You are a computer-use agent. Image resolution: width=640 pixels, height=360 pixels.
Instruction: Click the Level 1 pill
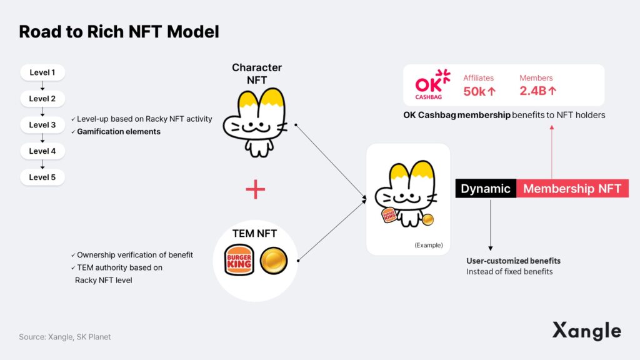tap(42, 72)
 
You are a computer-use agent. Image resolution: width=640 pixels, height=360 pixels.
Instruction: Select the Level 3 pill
tap(42, 125)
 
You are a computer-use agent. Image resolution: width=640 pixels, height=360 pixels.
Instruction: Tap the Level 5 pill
tap(42, 177)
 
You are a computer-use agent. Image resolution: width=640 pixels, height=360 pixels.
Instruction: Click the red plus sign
tap(256, 189)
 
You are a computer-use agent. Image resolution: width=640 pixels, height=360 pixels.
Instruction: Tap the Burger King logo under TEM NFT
tap(239, 260)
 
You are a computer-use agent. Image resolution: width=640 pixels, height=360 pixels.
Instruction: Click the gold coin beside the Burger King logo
tap(274, 261)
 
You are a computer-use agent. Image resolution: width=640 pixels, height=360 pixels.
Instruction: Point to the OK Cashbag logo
tap(432, 84)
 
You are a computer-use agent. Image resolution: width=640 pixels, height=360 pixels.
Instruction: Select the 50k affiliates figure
tap(479, 91)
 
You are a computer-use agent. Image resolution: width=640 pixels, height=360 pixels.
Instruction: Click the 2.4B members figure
tap(537, 91)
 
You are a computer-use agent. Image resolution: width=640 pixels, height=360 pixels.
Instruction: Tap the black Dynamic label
tap(486, 189)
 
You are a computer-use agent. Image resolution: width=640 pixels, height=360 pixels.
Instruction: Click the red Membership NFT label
tap(572, 189)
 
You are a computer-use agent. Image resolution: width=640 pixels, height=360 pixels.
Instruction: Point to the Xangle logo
tap(586, 331)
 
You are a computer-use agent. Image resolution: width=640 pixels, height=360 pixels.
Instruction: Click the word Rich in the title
tap(105, 32)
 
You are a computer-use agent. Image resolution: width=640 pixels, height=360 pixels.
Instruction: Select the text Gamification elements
tap(119, 131)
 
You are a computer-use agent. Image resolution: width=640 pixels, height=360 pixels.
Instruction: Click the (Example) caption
tap(429, 245)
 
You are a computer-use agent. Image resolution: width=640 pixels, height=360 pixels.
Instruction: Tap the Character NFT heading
tap(257, 74)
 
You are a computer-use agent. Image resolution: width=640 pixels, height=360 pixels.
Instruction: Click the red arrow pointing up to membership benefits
tap(552, 152)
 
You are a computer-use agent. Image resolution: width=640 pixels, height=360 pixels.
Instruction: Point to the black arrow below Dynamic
tap(490, 224)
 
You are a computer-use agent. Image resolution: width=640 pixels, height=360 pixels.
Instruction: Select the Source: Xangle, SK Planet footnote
tap(65, 337)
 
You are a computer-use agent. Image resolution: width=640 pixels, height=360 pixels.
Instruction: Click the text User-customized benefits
tap(514, 261)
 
